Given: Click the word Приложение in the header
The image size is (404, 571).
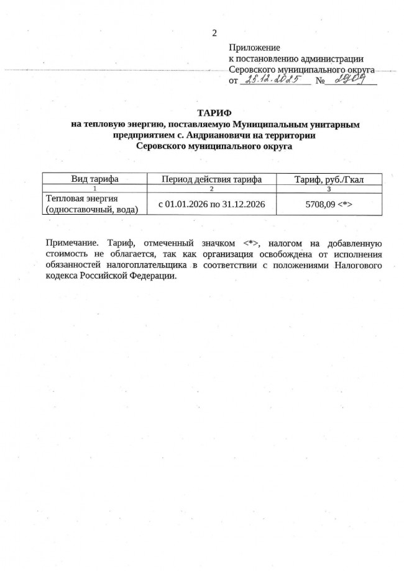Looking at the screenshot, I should tap(255, 47).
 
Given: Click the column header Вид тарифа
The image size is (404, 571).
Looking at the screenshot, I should tap(95, 179).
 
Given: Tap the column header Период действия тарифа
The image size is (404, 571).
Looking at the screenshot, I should tap(211, 179).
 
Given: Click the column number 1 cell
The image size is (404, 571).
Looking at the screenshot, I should tap(94, 188).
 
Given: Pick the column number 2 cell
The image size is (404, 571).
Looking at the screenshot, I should tap(212, 188).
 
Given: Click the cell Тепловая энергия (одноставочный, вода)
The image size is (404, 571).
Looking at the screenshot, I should tap(92, 204).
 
